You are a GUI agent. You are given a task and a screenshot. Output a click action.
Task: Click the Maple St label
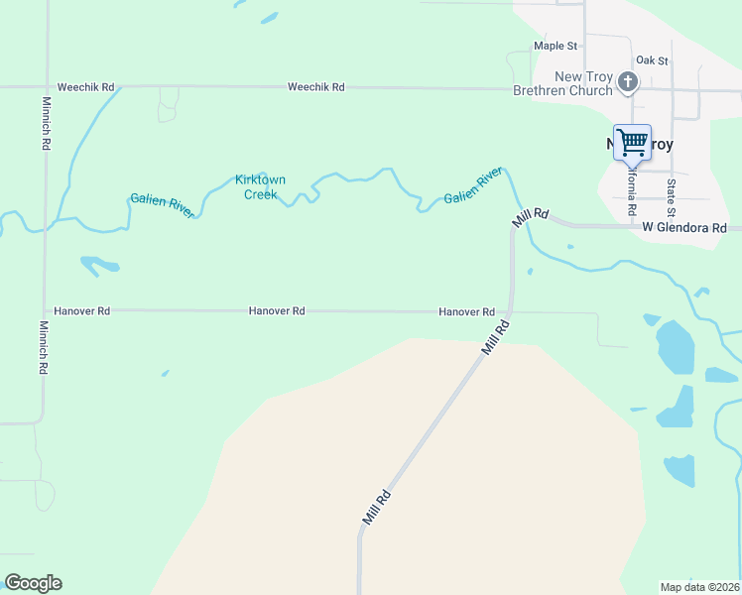click(555, 46)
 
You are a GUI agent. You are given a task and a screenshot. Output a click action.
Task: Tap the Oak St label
click(652, 60)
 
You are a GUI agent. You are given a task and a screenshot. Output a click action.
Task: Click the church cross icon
click(627, 81)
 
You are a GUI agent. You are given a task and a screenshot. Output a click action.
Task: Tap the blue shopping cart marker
click(632, 142)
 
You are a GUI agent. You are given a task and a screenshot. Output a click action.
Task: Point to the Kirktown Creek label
click(260, 186)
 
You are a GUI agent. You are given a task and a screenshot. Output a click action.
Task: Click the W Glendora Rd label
click(683, 228)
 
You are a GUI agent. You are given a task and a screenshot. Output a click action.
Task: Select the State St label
click(672, 198)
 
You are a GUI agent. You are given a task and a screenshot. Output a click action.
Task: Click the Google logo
click(33, 583)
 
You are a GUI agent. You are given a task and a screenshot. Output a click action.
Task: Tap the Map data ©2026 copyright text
click(699, 587)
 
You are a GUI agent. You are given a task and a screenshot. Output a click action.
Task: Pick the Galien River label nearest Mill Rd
click(473, 185)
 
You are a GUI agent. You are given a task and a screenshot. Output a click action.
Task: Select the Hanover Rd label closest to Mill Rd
click(466, 311)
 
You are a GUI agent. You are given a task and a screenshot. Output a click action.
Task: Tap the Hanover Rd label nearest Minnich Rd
click(82, 310)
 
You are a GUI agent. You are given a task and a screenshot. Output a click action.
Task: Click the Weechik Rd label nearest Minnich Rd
click(85, 87)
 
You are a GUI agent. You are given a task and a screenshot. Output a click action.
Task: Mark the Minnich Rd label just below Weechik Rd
click(46, 124)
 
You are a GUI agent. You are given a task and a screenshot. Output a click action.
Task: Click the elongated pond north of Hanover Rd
click(99, 265)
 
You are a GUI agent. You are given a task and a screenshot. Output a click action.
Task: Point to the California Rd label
click(631, 192)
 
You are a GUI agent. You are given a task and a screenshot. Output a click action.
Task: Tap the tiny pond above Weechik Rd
click(268, 18)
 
